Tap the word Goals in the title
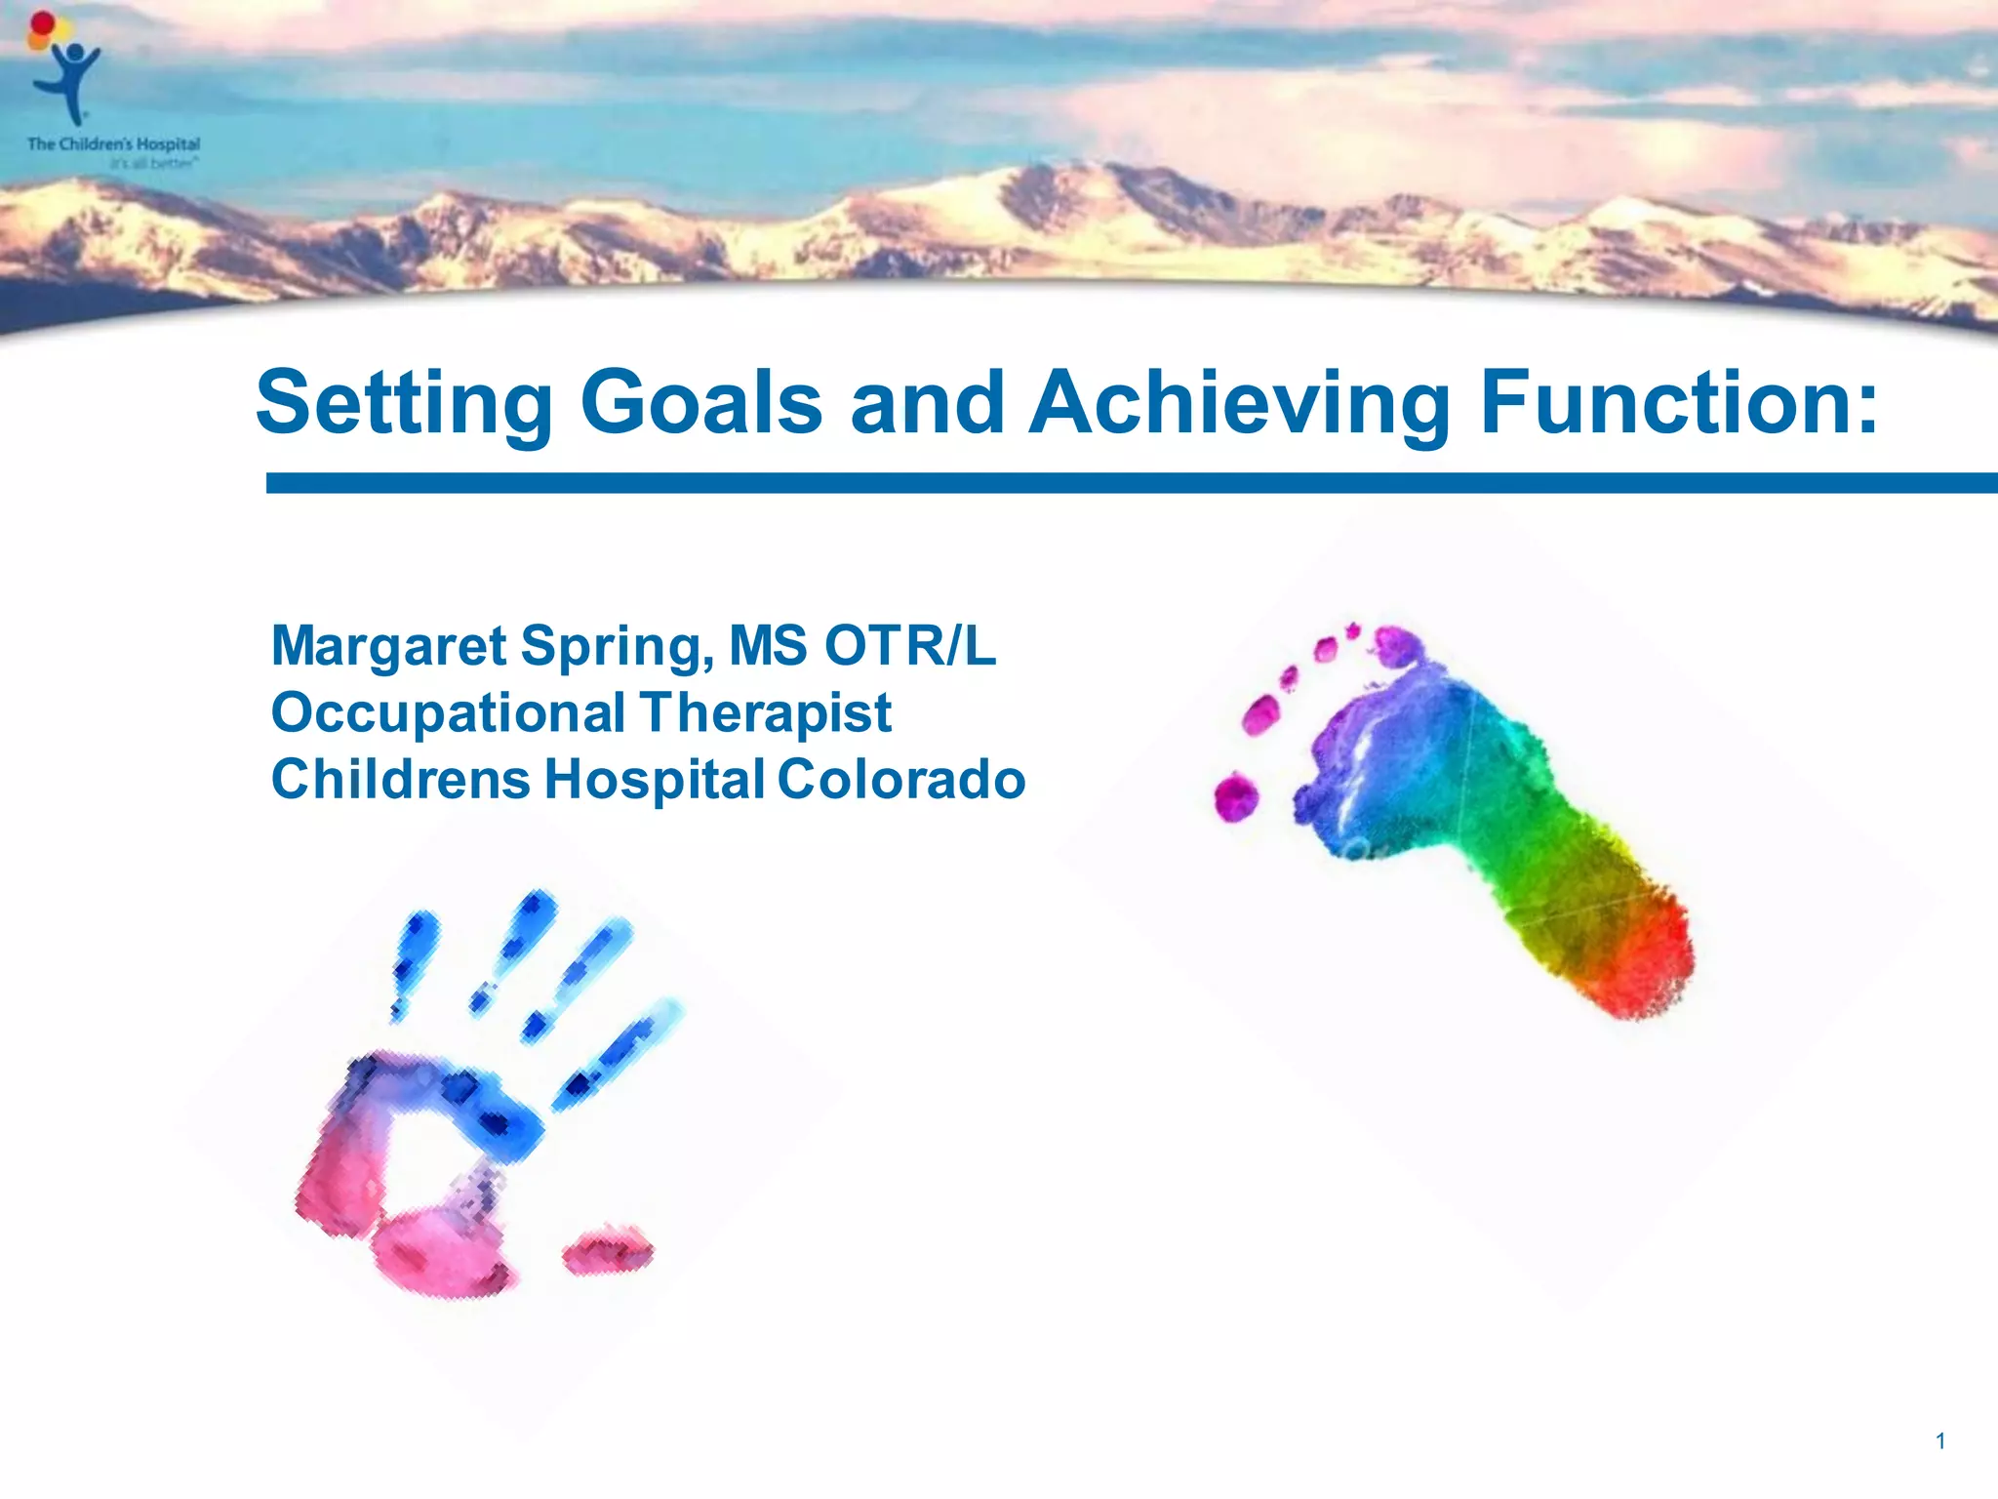(x=701, y=403)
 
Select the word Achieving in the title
(x=1239, y=403)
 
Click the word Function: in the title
(x=1678, y=403)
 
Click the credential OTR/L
(x=909, y=645)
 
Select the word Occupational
(x=448, y=713)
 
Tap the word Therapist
(x=766, y=713)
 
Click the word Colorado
(x=901, y=779)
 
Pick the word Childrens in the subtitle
(x=400, y=779)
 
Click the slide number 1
(x=1940, y=1440)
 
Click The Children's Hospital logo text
(x=113, y=144)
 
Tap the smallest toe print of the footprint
(x=1236, y=796)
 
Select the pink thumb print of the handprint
(x=607, y=1250)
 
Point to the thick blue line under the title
(x=1132, y=483)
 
